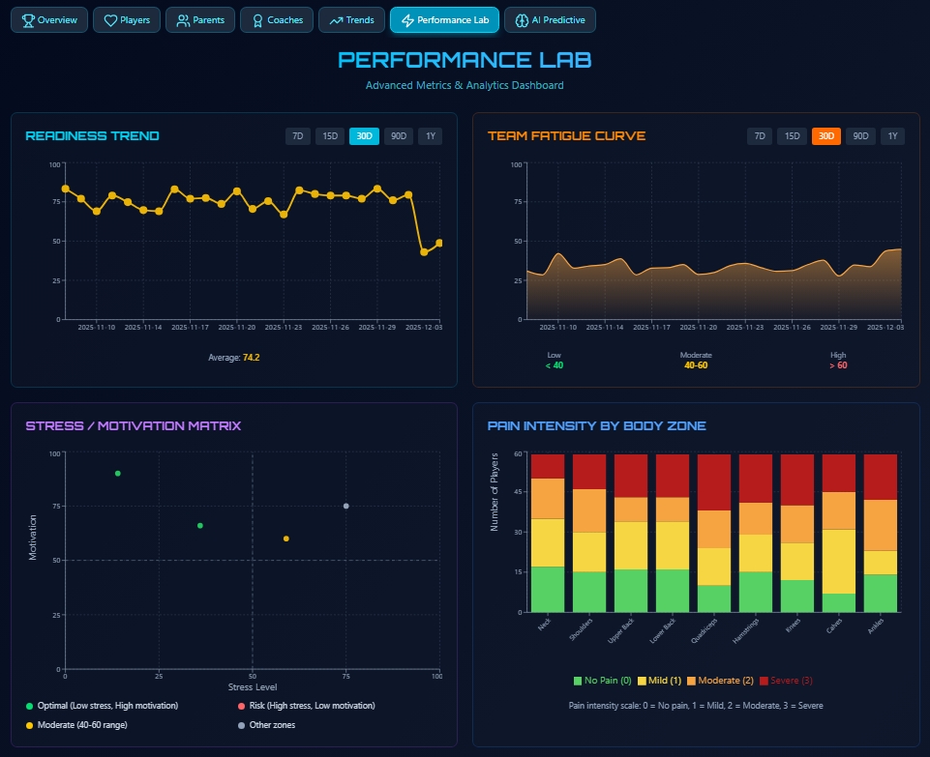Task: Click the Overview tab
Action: (x=49, y=19)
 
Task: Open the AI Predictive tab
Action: (x=551, y=19)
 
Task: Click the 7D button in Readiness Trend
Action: (x=298, y=136)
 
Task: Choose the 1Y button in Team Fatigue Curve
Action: (x=893, y=136)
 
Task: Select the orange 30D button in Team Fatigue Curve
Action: (x=825, y=136)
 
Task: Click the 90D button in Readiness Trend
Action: (x=398, y=136)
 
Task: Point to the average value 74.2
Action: (x=251, y=358)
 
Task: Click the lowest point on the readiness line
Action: (x=424, y=252)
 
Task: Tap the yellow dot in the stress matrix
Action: (x=285, y=539)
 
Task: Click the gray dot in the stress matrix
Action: (x=345, y=507)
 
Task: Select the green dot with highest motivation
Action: (x=118, y=474)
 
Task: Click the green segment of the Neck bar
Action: (x=548, y=590)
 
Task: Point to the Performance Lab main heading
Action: (x=465, y=60)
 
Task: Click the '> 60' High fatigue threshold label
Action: (x=837, y=365)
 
